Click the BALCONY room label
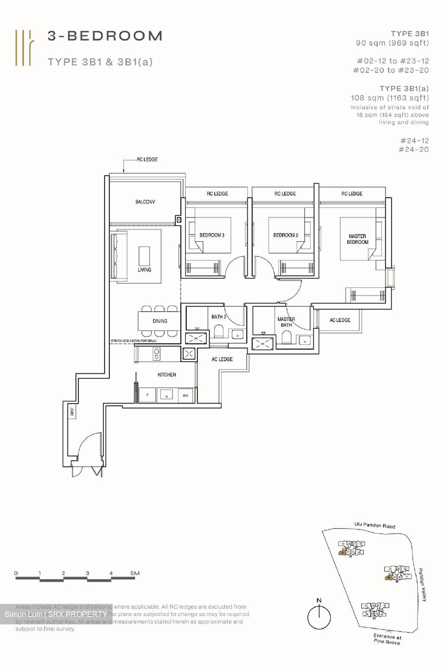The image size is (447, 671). (x=145, y=202)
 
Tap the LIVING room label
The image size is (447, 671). (x=144, y=270)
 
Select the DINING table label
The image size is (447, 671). (x=160, y=321)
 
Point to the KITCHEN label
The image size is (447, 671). (x=167, y=375)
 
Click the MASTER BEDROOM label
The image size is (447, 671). (x=358, y=239)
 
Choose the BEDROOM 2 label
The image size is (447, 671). (x=285, y=235)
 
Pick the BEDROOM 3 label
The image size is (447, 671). (x=212, y=235)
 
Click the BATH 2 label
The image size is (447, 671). (x=219, y=317)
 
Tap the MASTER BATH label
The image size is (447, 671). (x=286, y=322)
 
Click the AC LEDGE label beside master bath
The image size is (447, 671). (x=340, y=320)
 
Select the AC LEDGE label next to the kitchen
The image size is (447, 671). (x=222, y=359)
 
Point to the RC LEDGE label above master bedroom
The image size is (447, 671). (x=352, y=193)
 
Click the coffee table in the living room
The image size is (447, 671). (x=144, y=256)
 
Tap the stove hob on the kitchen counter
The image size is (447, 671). (x=156, y=355)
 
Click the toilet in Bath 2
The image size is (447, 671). (x=219, y=332)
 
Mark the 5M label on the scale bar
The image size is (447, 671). (x=135, y=573)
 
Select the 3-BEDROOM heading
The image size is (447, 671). (x=105, y=36)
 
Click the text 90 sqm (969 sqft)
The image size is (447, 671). (x=392, y=43)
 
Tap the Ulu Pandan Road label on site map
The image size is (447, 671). (x=374, y=525)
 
